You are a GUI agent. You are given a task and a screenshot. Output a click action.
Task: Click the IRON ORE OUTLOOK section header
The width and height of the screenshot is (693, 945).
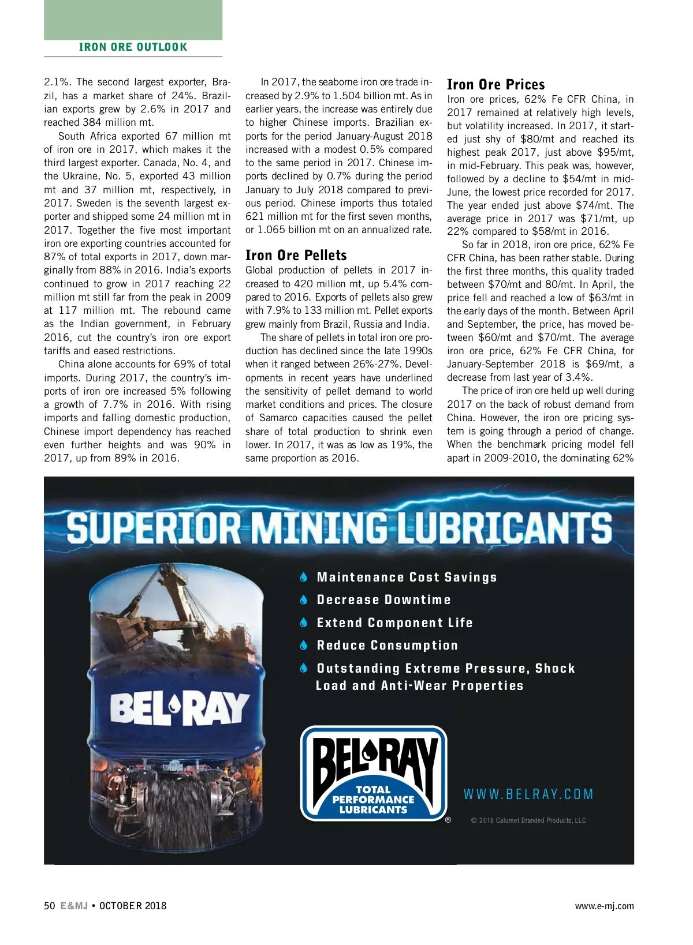pos(133,47)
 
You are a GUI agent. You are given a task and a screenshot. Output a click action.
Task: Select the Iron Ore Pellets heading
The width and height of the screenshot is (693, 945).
pos(296,256)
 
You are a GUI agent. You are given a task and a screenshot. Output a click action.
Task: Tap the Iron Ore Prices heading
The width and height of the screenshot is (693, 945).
pos(496,85)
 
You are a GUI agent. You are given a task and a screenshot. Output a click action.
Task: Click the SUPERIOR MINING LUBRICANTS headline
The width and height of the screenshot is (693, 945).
pos(340,527)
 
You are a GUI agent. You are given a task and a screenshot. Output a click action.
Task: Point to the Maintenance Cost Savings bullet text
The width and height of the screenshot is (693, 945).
pos(407,577)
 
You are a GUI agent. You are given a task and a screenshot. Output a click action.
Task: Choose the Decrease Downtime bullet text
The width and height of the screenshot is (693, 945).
pos(383,600)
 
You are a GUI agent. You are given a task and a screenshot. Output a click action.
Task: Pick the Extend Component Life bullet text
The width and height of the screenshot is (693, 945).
pos(394,623)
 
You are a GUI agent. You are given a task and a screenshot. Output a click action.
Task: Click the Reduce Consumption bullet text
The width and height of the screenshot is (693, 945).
pos(387,646)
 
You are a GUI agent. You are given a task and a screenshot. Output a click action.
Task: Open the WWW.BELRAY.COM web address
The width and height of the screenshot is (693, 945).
pos(528,794)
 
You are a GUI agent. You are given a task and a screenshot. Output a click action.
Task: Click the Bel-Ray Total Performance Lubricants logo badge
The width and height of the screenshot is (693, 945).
pos(374,773)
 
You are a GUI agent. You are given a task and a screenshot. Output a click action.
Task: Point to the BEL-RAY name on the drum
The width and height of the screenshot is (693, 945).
pos(180,708)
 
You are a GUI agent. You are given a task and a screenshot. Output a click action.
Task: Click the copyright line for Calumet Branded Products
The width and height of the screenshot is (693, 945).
pos(528,820)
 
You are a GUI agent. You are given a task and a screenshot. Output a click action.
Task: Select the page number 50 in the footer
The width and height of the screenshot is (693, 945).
pos(50,906)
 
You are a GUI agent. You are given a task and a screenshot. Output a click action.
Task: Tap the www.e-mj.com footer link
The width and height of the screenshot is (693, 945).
pos(604,906)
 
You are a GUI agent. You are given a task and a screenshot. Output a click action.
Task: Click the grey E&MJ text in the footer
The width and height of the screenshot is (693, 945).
pos(74,906)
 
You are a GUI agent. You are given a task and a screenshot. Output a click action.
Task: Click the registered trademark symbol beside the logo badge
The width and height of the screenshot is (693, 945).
pos(448,820)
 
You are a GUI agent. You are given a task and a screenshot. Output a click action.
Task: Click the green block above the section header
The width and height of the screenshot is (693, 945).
pos(133,20)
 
